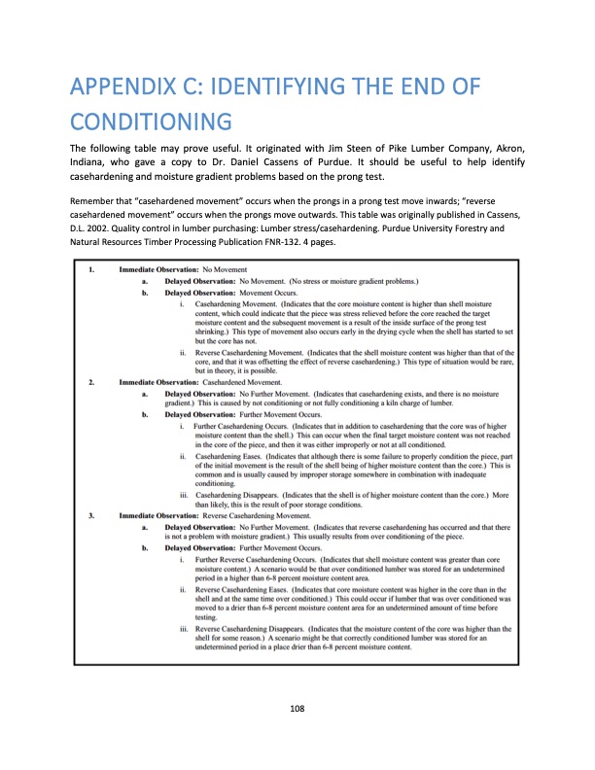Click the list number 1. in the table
pos(91,267)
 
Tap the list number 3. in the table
pos(91,514)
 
